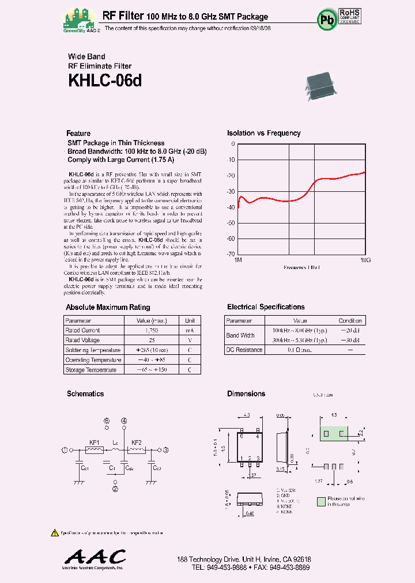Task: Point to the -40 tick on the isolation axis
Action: click(x=232, y=207)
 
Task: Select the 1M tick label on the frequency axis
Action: click(x=238, y=260)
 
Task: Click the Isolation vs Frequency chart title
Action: click(x=263, y=133)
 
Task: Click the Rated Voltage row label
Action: click(x=83, y=340)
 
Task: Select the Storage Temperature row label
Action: click(x=91, y=370)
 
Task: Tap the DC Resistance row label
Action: click(x=244, y=350)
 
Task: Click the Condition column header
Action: click(x=350, y=320)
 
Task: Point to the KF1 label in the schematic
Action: click(x=95, y=442)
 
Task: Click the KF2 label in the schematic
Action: click(x=137, y=442)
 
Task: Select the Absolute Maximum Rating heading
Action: click(x=108, y=308)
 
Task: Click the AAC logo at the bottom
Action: click(x=95, y=557)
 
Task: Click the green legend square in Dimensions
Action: click(x=321, y=502)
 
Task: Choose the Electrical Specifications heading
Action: click(x=266, y=307)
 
